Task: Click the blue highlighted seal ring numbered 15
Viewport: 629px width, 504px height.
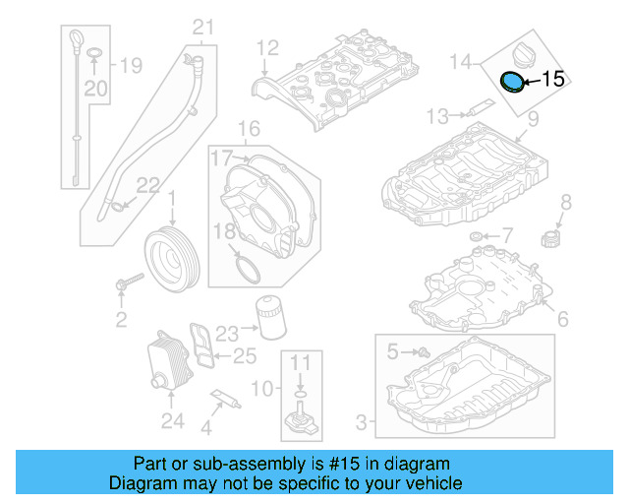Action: (x=512, y=82)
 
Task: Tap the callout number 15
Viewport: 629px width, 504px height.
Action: (x=554, y=80)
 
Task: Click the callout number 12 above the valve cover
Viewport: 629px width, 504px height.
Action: (x=268, y=46)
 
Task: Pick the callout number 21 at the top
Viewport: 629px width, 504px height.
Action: (x=202, y=27)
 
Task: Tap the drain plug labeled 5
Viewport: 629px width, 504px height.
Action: (x=423, y=350)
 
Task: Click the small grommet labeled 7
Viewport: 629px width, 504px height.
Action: (x=477, y=236)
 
